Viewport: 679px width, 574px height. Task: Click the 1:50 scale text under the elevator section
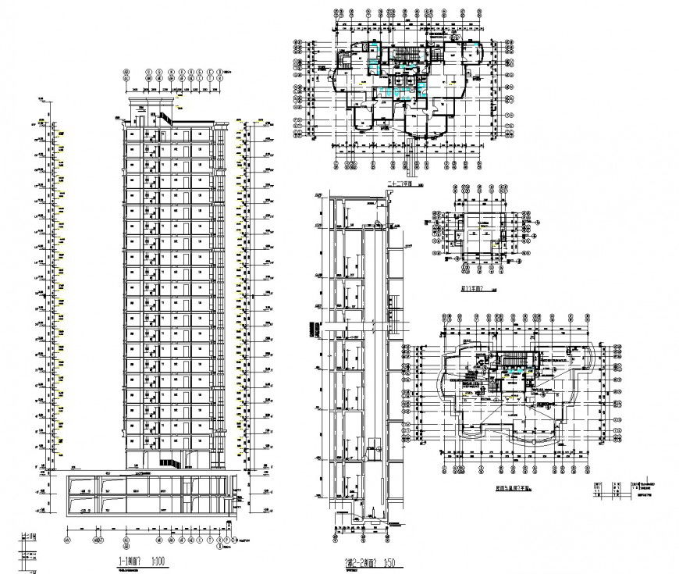coord(390,562)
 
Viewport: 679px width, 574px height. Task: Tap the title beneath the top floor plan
coord(400,185)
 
